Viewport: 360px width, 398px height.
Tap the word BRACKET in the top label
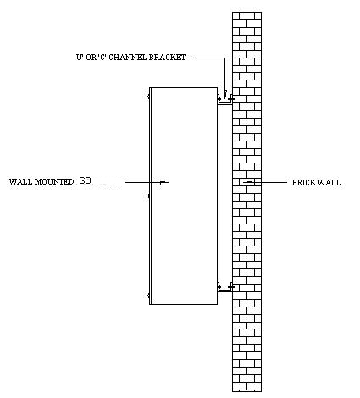coord(167,58)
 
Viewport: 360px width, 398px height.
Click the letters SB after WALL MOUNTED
coord(86,180)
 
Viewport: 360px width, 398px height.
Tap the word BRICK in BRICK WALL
coord(303,183)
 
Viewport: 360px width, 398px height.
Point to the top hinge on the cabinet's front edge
coord(148,97)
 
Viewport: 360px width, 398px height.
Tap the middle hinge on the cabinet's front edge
coord(148,196)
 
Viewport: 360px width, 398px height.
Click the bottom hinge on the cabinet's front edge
coord(148,296)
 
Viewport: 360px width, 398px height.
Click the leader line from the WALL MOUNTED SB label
coord(147,183)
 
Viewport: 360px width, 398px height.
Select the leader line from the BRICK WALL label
coord(265,183)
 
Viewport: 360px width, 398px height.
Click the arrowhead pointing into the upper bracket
coord(225,94)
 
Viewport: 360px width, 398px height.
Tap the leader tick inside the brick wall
coord(250,182)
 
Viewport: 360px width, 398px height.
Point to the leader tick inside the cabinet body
coord(163,182)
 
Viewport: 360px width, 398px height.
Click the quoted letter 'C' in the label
coord(102,58)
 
